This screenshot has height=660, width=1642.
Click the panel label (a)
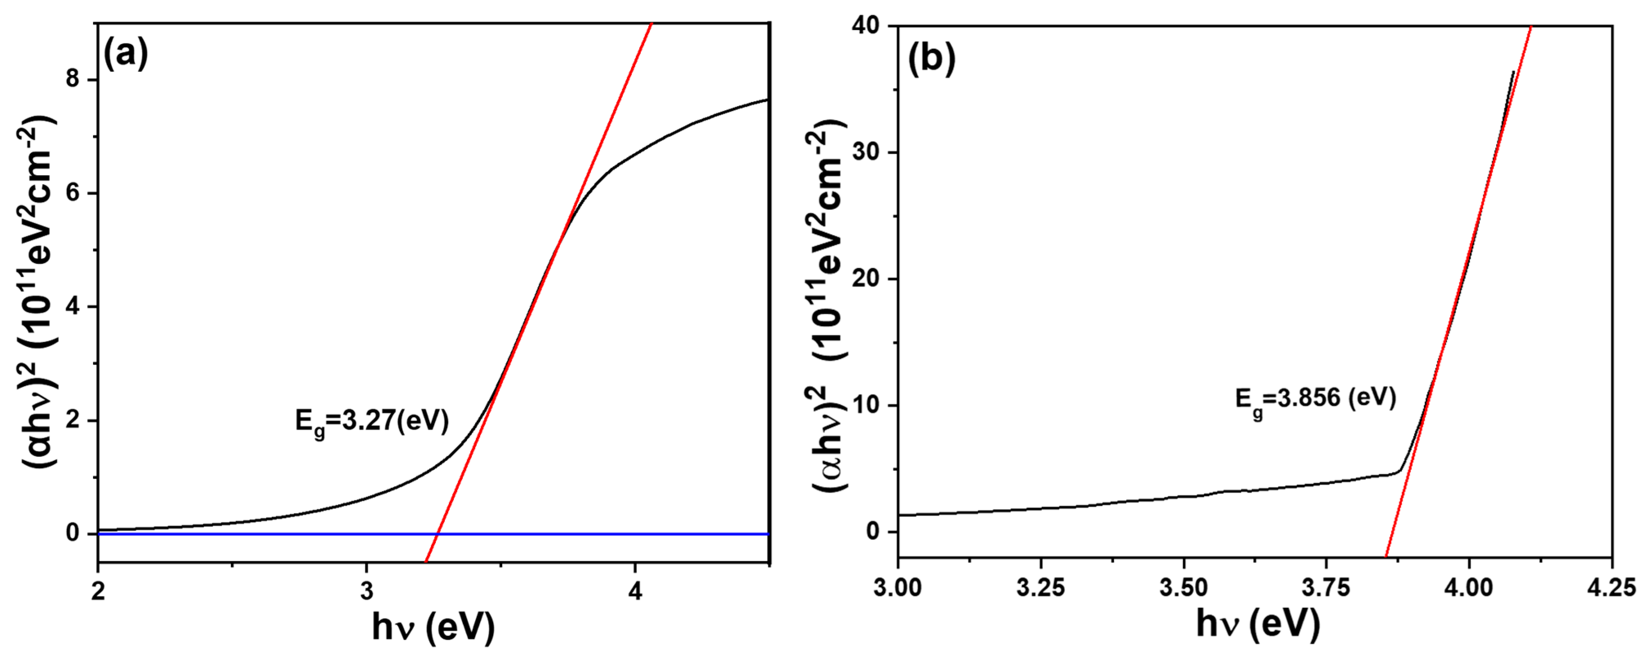click(x=125, y=54)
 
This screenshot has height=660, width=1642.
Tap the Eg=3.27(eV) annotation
click(x=371, y=422)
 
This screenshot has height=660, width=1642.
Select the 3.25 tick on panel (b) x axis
click(x=1040, y=587)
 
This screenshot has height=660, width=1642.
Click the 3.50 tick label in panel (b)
click(x=1183, y=587)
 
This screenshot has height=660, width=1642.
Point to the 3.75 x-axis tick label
click(x=1326, y=587)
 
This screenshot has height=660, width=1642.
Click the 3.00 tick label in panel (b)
click(x=897, y=587)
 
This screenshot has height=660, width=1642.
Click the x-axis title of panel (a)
click(x=433, y=628)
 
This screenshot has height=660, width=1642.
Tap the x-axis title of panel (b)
click(x=1257, y=623)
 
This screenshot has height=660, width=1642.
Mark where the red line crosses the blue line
click(x=437, y=534)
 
